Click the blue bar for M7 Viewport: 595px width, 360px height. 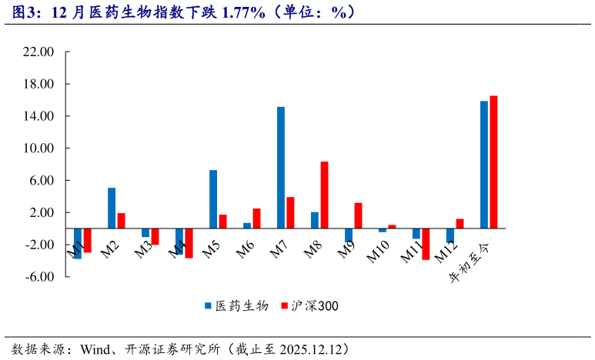281,168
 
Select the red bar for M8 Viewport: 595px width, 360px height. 325,195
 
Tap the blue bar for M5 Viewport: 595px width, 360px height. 213,199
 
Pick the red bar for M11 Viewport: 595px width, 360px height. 426,244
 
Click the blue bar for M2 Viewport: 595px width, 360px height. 112,208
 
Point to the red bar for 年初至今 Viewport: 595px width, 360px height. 493,162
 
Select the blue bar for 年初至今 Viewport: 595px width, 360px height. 484,165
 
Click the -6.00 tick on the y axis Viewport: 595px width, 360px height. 38,277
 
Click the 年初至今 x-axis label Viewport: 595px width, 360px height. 470,262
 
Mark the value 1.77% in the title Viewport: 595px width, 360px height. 244,12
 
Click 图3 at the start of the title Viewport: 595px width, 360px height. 21,12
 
